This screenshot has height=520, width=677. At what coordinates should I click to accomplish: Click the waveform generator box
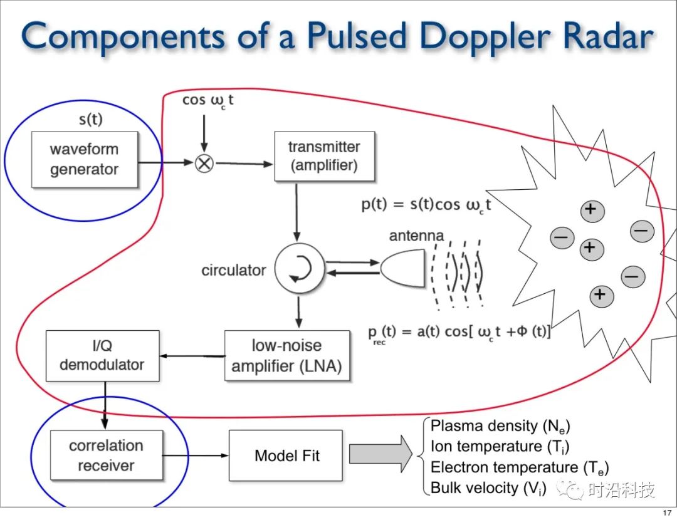84,159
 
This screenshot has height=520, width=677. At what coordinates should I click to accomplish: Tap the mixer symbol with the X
205,164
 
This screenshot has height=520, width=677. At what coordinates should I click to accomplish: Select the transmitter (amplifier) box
324,156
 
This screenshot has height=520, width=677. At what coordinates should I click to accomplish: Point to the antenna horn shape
401,269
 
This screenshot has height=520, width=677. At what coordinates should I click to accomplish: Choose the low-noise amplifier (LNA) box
286,355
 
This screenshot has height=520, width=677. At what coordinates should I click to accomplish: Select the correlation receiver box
106,455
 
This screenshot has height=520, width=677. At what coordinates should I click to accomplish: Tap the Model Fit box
286,455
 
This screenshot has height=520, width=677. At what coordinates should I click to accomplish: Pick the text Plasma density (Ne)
500,427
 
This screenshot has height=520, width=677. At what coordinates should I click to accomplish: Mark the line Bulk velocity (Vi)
488,488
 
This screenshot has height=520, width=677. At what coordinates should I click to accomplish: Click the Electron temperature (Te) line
520,467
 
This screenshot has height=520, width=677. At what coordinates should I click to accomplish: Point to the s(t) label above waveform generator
92,119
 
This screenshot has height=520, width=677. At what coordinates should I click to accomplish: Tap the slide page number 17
665,513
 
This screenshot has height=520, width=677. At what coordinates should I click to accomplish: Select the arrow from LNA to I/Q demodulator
191,356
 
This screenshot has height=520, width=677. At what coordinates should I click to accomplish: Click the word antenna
416,236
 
